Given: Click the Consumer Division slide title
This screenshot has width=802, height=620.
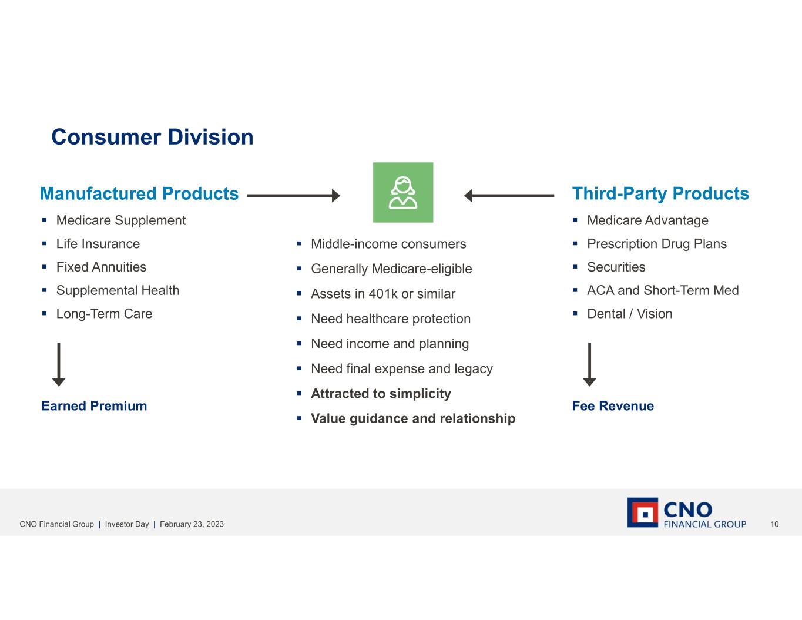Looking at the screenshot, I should click(152, 137).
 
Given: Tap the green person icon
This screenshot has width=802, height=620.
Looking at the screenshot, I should click(403, 193).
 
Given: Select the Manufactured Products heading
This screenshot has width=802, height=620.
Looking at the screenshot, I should click(139, 193).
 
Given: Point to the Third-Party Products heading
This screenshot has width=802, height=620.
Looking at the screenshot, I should click(660, 193).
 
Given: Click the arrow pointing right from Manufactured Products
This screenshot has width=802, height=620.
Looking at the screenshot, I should click(293, 196).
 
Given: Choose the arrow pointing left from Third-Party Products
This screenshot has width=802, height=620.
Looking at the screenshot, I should click(509, 196).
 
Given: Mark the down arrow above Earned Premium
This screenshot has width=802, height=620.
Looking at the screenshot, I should click(59, 364).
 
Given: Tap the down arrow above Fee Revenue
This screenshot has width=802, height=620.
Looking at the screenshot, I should click(589, 364).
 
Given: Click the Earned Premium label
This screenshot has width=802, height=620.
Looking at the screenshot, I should click(94, 406).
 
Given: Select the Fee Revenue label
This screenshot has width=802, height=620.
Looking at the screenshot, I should click(613, 406).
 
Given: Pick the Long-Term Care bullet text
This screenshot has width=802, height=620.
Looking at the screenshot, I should click(104, 314).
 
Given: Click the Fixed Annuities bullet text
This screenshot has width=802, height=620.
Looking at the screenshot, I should click(101, 267).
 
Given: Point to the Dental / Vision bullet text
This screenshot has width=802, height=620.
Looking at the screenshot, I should click(629, 314).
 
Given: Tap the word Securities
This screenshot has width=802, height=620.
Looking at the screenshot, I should click(616, 267).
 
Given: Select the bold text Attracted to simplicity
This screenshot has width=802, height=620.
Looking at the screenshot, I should click(381, 394).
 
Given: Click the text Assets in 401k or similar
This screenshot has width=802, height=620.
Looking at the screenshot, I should click(383, 294).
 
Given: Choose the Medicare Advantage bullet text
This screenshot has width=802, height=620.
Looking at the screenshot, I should click(647, 220).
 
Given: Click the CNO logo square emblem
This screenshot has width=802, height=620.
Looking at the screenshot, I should click(643, 513).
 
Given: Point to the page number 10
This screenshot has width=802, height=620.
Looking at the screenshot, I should click(774, 524).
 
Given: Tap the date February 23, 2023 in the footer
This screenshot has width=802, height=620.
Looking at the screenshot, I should click(192, 524).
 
